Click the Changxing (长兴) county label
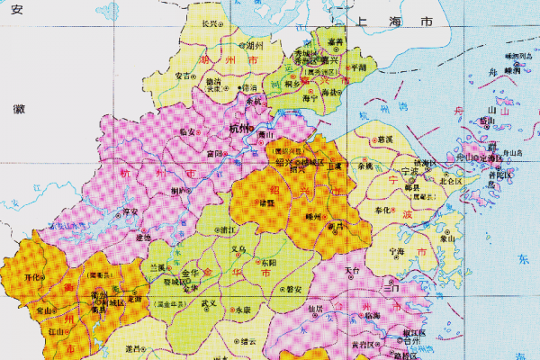tap(211, 23)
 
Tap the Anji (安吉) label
tap(183, 76)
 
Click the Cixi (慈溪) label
tap(386, 139)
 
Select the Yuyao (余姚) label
tap(364, 166)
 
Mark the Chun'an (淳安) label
tap(130, 211)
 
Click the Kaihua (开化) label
tap(35, 276)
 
